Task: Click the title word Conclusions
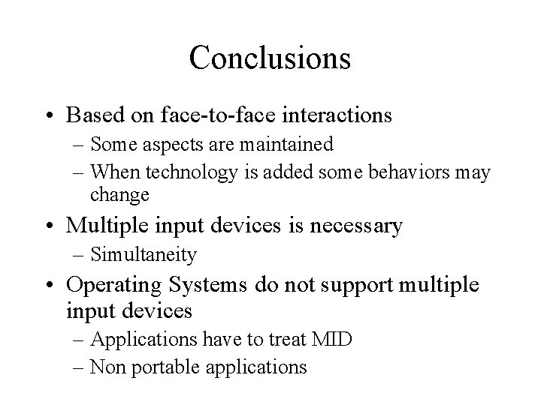(x=270, y=58)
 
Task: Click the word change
(x=120, y=196)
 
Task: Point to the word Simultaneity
(x=144, y=255)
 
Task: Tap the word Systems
(x=198, y=285)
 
